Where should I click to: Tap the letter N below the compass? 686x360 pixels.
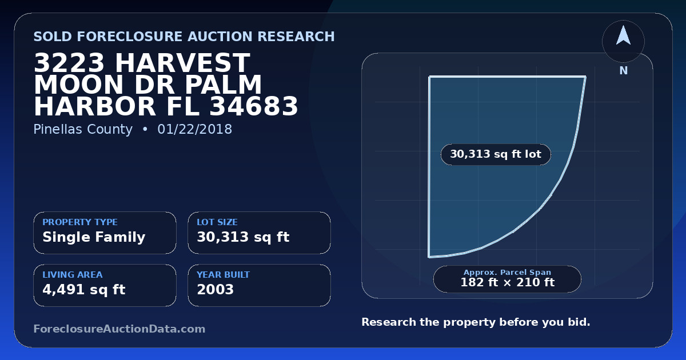click(624, 71)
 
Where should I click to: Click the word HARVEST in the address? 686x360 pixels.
click(182, 63)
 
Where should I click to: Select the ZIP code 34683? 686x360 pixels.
click(254, 106)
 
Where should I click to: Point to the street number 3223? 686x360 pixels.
click(69, 63)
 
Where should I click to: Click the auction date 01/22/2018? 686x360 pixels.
click(195, 129)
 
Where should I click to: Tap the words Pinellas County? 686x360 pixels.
click(83, 130)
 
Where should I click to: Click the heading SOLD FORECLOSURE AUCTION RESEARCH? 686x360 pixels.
click(184, 37)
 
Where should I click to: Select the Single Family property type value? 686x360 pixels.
click(94, 237)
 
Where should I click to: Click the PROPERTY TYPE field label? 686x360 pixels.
click(80, 222)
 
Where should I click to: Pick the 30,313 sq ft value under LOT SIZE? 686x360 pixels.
click(243, 237)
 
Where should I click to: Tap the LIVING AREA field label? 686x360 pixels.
click(73, 275)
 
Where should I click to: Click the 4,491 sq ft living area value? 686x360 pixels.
click(84, 290)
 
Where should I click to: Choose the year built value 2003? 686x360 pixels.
click(216, 290)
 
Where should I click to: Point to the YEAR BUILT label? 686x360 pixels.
click(224, 275)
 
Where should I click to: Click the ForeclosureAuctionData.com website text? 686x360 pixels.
click(119, 329)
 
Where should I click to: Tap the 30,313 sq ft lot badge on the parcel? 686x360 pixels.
click(496, 154)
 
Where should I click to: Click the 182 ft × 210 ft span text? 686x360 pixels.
click(508, 282)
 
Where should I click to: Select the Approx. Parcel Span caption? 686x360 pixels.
click(508, 272)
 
